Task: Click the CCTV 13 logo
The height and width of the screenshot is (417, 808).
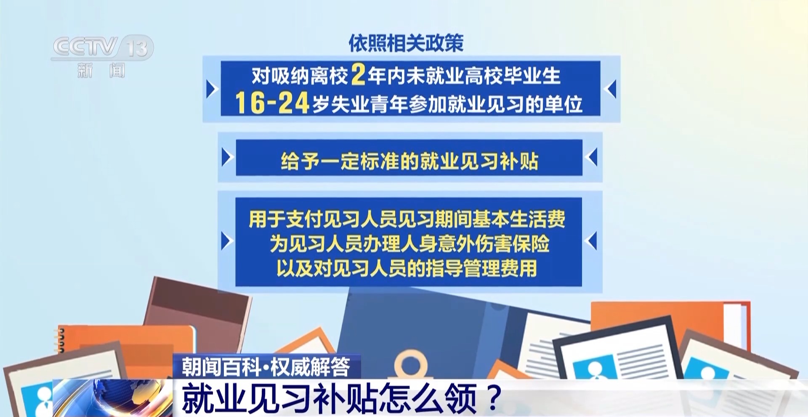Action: coord(102,47)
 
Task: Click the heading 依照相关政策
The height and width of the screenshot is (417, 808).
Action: coord(406,43)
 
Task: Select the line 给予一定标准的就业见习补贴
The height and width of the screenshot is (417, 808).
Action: coord(409,161)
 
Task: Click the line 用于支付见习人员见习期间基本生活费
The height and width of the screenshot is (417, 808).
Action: coord(407,219)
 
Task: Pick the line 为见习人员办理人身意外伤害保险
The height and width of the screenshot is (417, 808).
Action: coord(409,243)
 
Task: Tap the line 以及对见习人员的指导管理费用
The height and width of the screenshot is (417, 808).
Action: coord(407,268)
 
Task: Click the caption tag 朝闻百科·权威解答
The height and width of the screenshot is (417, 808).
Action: coord(266,367)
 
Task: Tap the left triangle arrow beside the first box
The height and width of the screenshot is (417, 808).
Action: coord(212,89)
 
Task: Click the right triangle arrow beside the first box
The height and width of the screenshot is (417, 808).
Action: coord(611,89)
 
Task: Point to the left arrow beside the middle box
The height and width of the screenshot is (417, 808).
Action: coord(227,158)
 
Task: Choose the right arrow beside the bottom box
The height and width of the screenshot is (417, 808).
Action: coord(592,241)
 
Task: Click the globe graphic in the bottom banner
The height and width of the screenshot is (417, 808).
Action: coord(114,398)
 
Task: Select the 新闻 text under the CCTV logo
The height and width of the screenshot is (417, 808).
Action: coord(101,70)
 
